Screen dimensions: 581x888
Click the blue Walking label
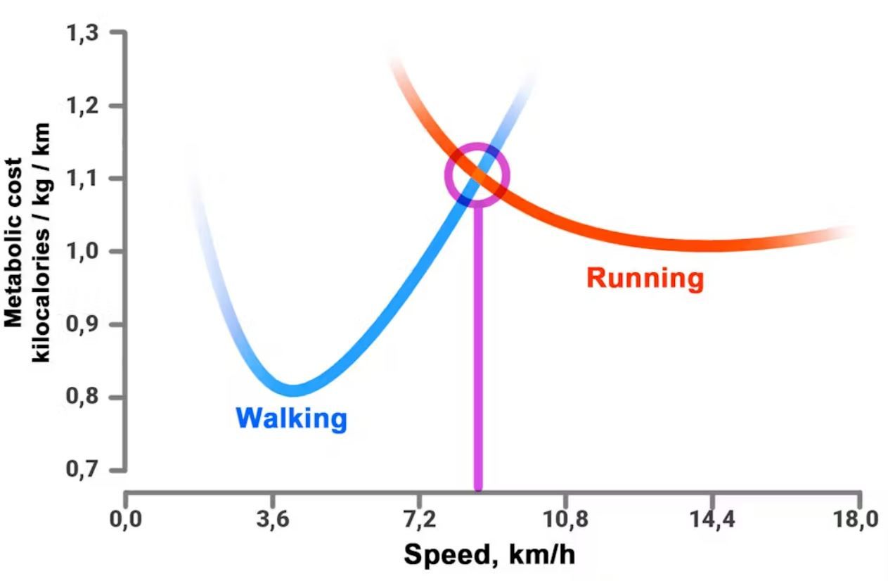click(x=291, y=419)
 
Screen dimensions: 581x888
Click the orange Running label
click(x=645, y=279)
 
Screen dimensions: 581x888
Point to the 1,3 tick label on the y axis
click(x=84, y=33)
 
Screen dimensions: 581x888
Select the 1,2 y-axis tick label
click(x=84, y=106)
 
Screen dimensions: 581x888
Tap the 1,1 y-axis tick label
click(x=84, y=179)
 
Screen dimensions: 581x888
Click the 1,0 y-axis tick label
click(x=84, y=252)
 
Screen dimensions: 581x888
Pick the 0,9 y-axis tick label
click(x=84, y=324)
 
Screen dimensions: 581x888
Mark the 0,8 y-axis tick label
click(x=84, y=397)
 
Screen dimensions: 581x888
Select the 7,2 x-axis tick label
click(x=419, y=521)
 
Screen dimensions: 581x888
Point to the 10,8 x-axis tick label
click(x=565, y=521)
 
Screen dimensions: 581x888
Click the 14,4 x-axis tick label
click(x=712, y=521)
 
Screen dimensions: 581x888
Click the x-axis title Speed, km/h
click(x=489, y=556)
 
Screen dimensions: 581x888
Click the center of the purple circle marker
click(x=477, y=175)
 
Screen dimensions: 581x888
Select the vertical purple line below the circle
click(x=478, y=352)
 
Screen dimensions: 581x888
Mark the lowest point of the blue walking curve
click(x=292, y=390)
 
